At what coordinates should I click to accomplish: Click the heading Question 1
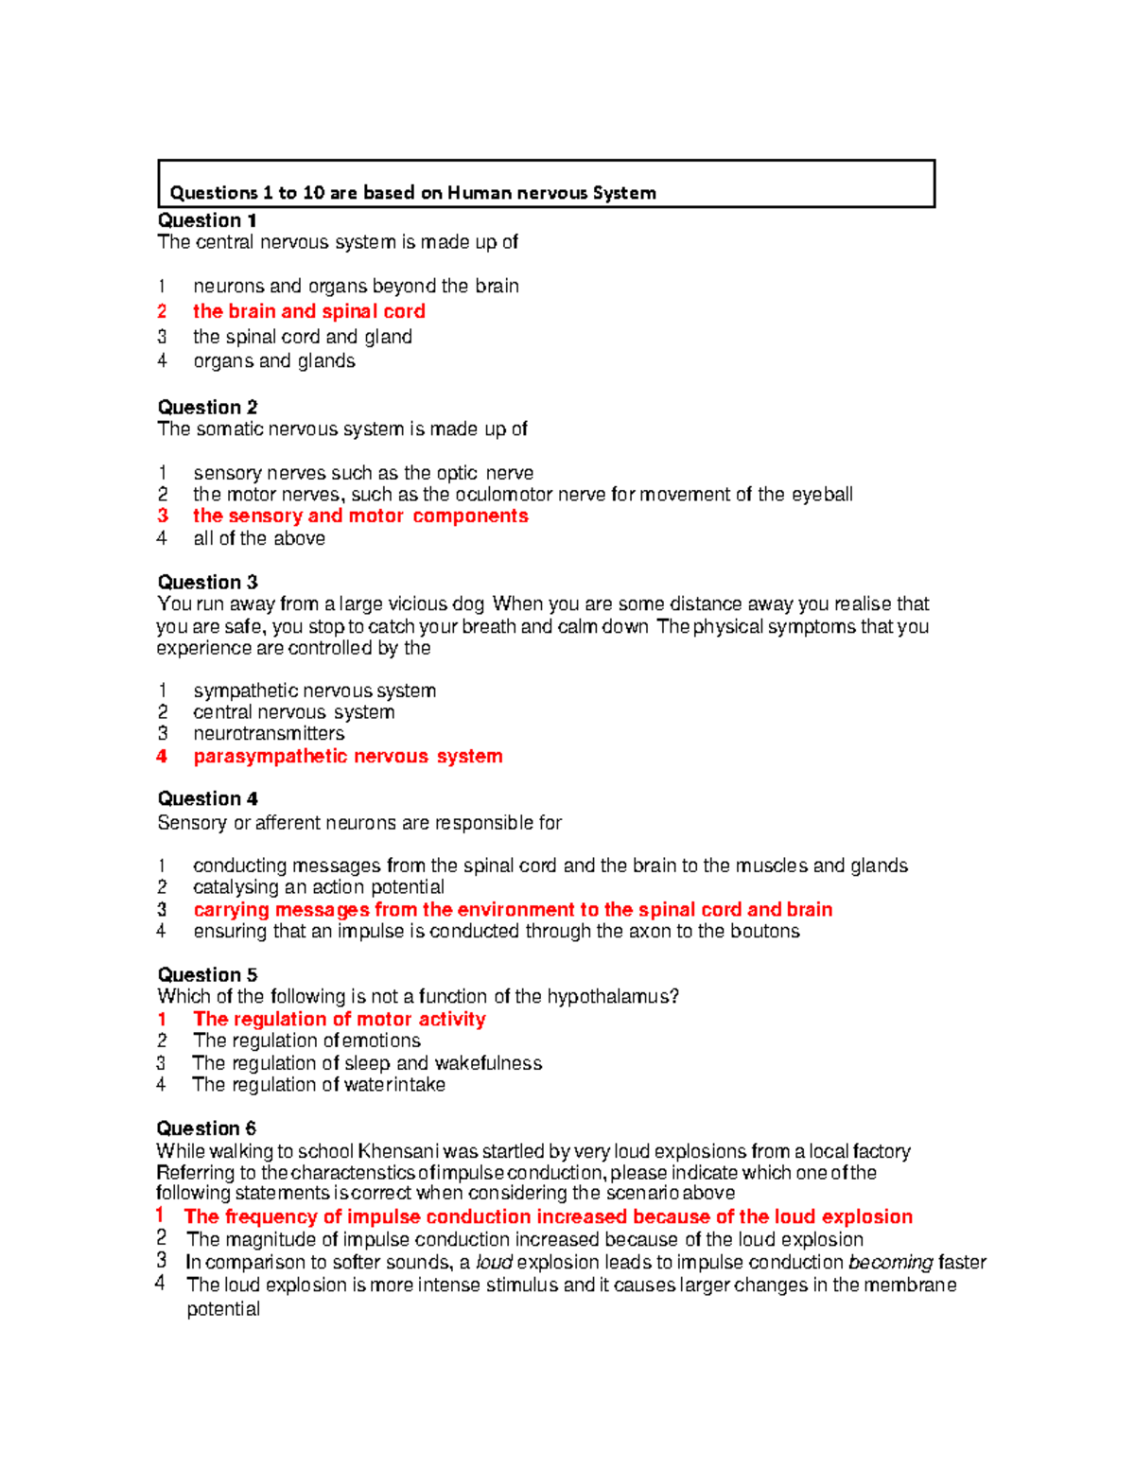point(207,220)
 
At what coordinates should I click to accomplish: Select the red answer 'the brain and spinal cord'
point(308,311)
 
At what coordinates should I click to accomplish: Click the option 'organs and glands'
point(274,361)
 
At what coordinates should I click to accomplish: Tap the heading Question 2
point(207,408)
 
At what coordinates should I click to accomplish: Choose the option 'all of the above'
point(259,538)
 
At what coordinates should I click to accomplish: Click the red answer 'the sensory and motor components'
point(360,516)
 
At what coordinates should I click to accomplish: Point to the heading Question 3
point(207,583)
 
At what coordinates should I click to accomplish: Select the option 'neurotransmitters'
point(269,734)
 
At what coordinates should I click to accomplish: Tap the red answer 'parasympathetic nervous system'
point(347,757)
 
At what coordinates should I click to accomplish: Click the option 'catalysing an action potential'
point(318,887)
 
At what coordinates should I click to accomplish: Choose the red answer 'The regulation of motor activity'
point(339,1020)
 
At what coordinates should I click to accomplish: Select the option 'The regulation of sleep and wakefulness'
point(367,1063)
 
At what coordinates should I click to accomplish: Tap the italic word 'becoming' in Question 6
point(890,1263)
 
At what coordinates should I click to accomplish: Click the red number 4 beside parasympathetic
point(162,757)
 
